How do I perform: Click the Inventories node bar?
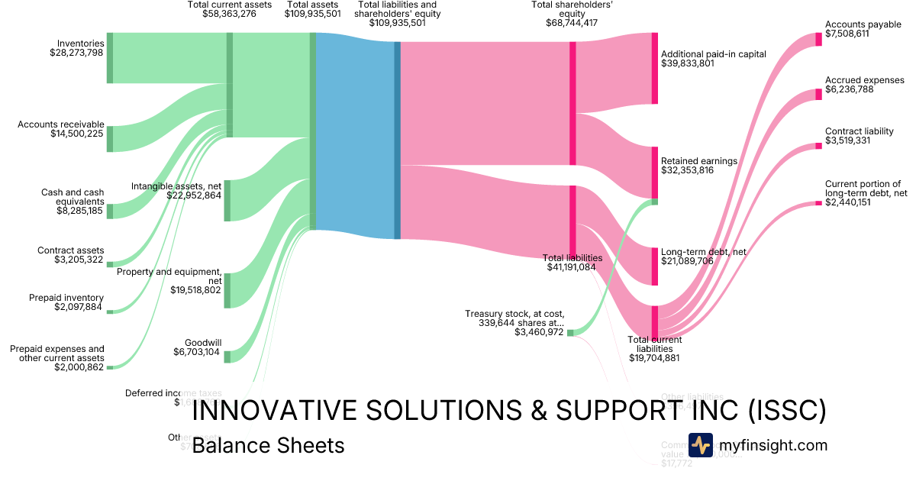[x=110, y=58]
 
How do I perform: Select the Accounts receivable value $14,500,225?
[x=71, y=134]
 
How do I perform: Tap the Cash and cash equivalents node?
[x=110, y=211]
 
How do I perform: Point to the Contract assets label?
[x=71, y=250]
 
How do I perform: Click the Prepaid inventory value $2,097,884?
[x=66, y=307]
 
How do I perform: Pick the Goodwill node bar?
[x=227, y=357]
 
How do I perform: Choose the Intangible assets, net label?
[x=176, y=186]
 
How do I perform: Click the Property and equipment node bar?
[x=227, y=290]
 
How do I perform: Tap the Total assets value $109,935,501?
[x=312, y=14]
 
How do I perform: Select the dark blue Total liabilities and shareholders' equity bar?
[x=397, y=140]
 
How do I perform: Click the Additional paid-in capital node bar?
[x=654, y=68]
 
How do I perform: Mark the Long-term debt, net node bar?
[x=654, y=266]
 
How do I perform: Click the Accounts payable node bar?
[x=819, y=39]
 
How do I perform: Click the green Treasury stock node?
[x=570, y=332]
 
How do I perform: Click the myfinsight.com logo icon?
[x=700, y=445]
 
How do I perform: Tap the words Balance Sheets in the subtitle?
[x=268, y=445]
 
